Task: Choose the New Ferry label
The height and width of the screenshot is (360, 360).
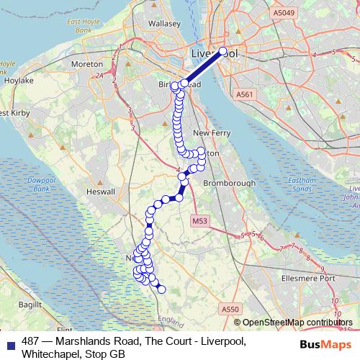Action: (x=211, y=133)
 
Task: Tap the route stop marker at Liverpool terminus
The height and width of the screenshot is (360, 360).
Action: (x=223, y=52)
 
